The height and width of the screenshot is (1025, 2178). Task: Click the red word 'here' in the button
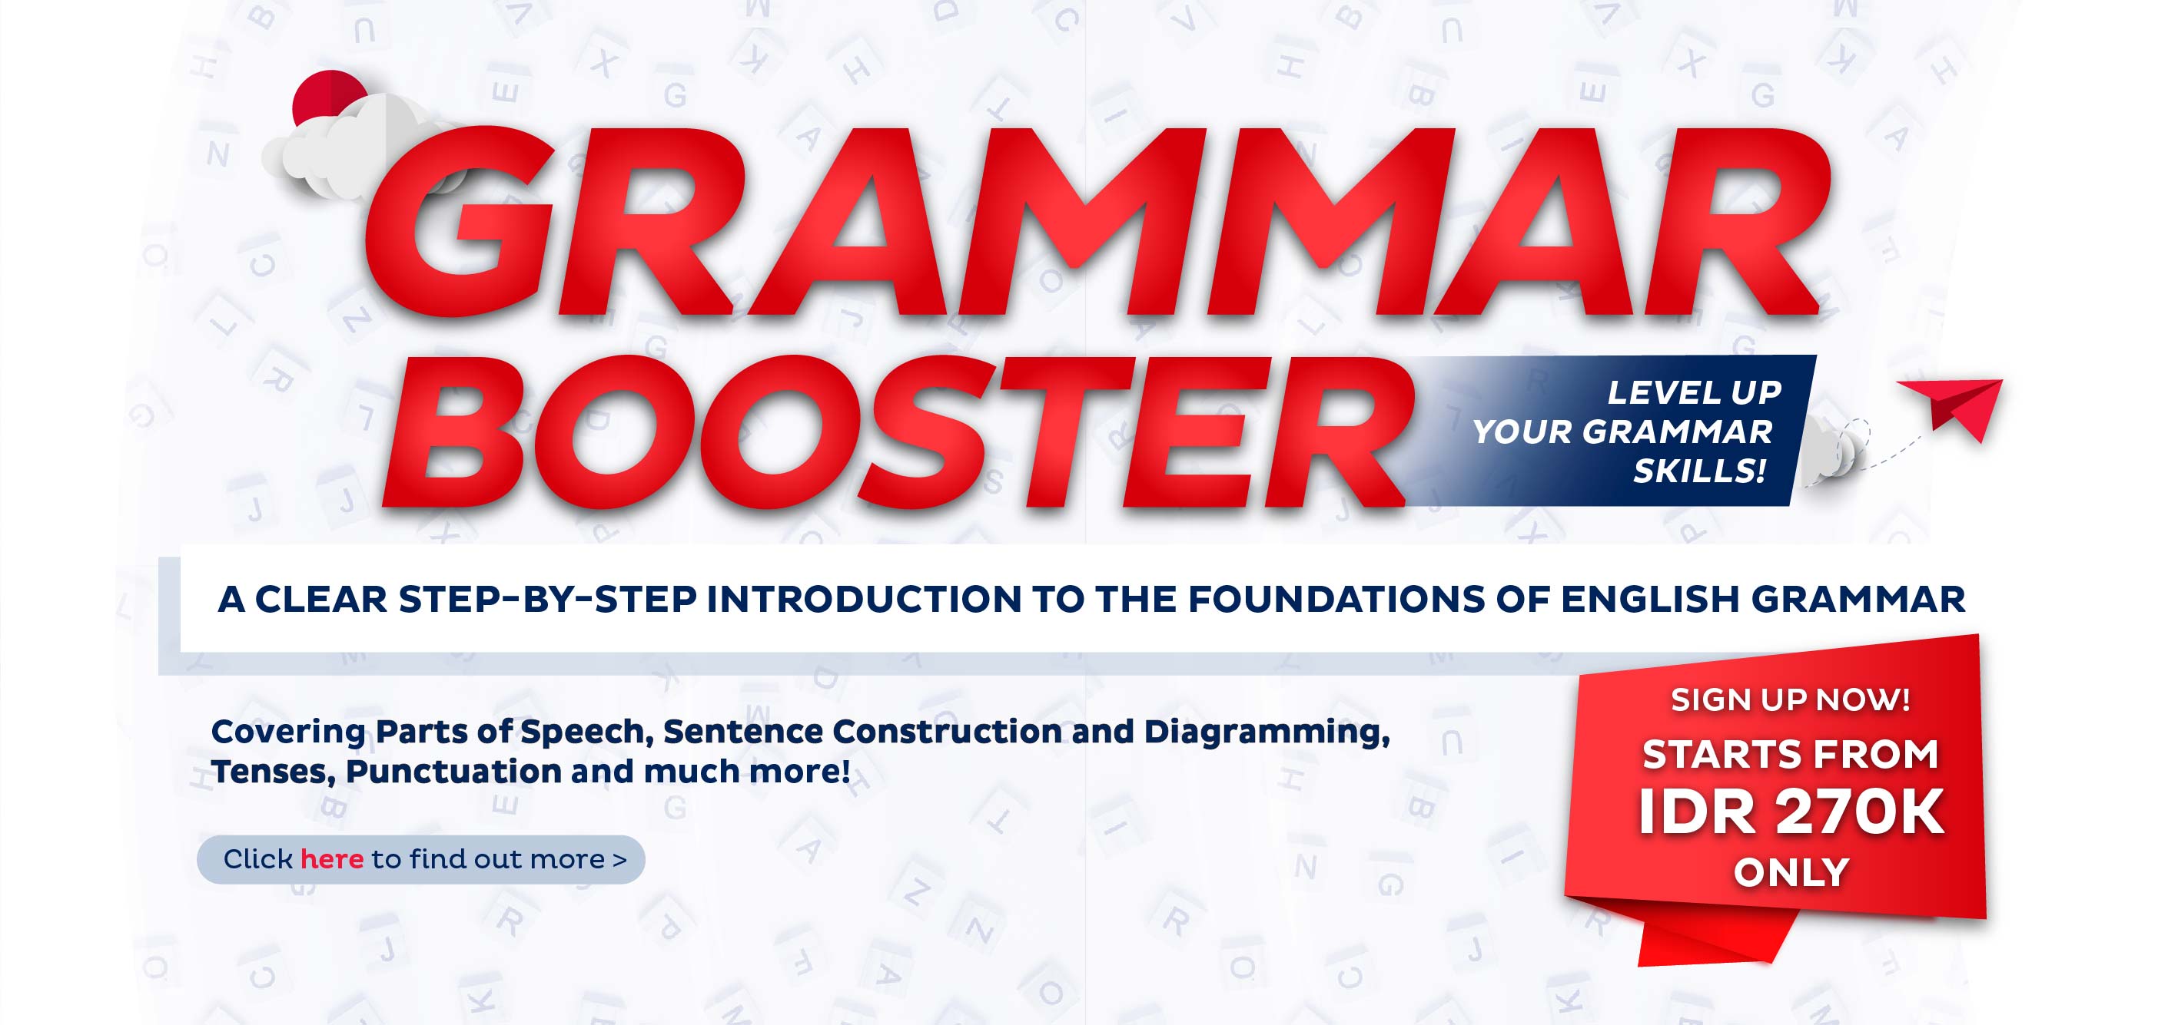tap(331, 859)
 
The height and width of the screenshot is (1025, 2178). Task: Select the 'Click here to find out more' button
tap(421, 859)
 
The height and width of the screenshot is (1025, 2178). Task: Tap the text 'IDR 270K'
tap(1791, 812)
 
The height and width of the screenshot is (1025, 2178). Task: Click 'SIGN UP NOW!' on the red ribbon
tap(1790, 699)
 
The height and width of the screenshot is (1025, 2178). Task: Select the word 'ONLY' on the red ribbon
tap(1791, 873)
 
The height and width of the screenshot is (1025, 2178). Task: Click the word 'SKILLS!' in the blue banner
tap(1699, 471)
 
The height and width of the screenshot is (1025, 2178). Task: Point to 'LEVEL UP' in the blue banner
tap(1695, 392)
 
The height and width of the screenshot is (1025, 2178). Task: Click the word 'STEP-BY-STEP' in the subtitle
tap(548, 599)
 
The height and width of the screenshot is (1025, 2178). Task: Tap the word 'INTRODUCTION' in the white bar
tap(864, 599)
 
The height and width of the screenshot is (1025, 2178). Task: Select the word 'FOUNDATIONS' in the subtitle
tap(1336, 599)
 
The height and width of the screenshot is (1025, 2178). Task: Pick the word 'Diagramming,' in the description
tap(1267, 732)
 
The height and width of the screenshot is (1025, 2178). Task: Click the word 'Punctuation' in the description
tap(453, 772)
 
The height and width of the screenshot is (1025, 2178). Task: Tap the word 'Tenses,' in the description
tap(273, 772)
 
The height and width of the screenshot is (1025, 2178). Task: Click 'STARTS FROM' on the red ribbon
tap(1790, 754)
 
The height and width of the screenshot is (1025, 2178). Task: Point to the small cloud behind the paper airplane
tap(1833, 453)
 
